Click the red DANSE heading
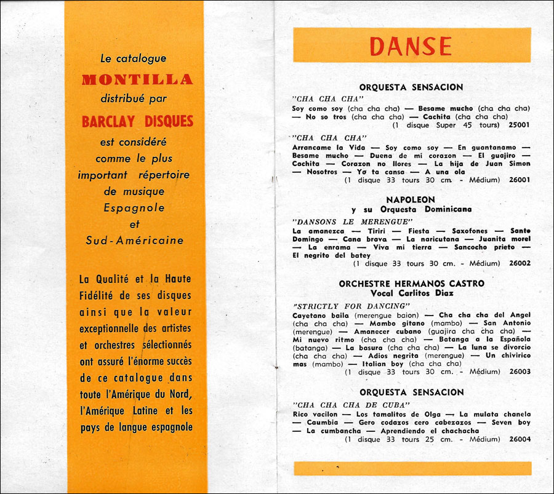411,46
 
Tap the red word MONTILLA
137,79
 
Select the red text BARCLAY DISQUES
137,121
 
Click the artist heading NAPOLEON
411,200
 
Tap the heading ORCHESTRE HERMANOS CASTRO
411,284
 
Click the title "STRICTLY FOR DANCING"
351,305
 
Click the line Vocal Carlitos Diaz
411,293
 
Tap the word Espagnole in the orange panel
134,208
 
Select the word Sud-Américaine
135,240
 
